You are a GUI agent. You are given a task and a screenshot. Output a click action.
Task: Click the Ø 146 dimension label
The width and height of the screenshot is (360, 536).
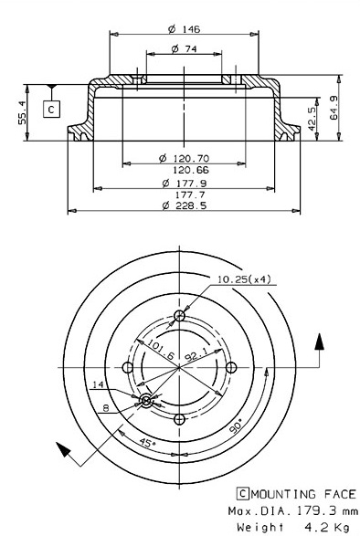coord(184,29)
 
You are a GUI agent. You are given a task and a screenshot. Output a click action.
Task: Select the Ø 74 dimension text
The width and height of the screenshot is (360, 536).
coord(184,49)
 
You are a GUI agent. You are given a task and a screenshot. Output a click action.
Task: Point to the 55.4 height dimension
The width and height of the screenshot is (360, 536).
coord(23,112)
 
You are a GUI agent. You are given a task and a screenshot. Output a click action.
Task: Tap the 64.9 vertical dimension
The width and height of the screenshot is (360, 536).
coord(334,108)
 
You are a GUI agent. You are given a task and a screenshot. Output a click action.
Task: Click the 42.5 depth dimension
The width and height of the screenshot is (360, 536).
coord(312,119)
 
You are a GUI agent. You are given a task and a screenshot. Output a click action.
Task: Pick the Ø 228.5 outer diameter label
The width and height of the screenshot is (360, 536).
coord(185,205)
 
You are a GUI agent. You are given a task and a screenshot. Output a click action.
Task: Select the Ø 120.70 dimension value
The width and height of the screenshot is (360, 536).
coord(185,158)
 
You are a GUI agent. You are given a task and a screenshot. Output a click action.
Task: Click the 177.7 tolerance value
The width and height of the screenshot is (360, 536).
coord(190,194)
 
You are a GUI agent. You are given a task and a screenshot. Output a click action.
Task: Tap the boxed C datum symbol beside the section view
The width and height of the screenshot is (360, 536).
coord(51,110)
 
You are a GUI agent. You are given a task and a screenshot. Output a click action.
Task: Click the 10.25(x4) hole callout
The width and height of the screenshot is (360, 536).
coord(244,279)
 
